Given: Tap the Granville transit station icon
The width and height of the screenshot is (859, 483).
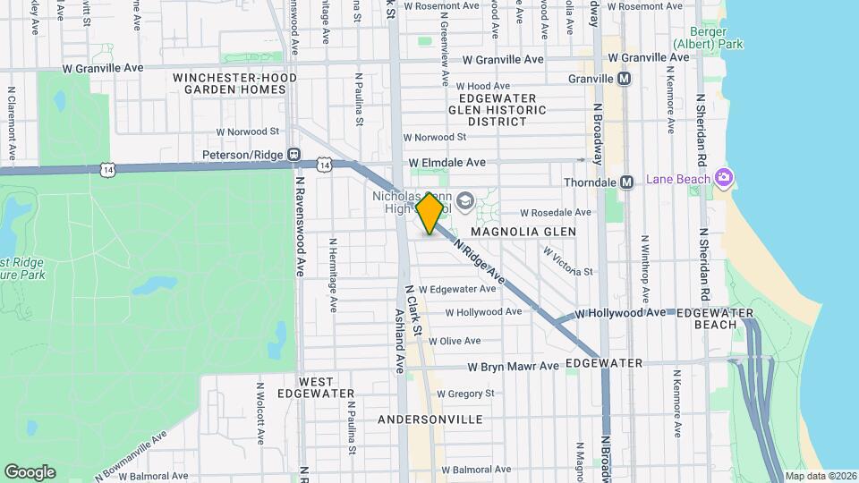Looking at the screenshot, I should [625, 79].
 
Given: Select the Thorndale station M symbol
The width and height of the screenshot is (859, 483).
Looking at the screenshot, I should [626, 182].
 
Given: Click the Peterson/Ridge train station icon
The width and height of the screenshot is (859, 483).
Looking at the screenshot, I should [293, 155].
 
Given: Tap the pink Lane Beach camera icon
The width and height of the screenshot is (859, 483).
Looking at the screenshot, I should [723, 177].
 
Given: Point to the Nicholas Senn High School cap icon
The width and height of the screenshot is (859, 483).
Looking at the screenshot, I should [464, 199].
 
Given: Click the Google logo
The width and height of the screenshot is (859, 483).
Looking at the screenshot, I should [30, 471].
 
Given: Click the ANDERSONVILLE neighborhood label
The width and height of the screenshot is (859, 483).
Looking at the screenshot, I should [430, 419].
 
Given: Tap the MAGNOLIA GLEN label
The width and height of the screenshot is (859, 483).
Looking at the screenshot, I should [530, 232].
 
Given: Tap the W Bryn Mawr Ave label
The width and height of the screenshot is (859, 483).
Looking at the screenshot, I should [513, 367].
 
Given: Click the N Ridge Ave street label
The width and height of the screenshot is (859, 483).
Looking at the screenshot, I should [480, 262].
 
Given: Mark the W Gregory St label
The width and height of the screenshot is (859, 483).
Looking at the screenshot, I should [464, 394].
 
